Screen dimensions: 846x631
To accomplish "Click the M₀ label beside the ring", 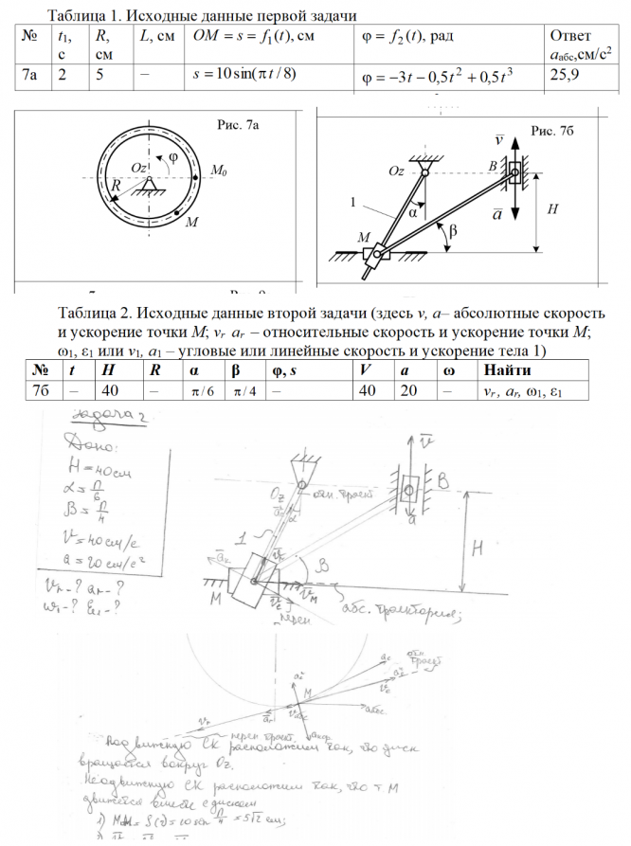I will pos(219,171).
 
